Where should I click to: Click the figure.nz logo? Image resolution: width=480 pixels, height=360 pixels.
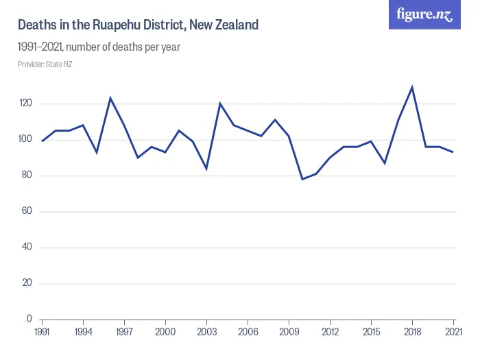click(424, 14)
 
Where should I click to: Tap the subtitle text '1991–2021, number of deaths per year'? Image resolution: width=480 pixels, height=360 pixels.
click(99, 47)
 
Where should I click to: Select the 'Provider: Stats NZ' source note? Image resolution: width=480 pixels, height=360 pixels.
click(45, 64)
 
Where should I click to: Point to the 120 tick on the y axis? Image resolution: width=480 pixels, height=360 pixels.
click(25, 104)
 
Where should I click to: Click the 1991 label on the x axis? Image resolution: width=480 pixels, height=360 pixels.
click(42, 332)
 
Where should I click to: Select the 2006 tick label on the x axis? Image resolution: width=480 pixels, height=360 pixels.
click(248, 332)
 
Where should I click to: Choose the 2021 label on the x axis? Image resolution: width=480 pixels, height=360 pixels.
click(453, 332)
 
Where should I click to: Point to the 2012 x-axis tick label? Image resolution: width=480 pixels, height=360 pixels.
click(330, 332)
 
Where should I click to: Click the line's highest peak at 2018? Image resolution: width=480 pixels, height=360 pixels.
click(412, 87)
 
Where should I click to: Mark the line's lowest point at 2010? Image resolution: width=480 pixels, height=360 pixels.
click(302, 179)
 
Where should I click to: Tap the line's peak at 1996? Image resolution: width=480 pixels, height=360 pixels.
click(110, 98)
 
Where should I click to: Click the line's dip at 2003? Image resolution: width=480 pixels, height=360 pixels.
click(206, 168)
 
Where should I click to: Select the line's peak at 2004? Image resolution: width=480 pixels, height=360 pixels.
click(220, 104)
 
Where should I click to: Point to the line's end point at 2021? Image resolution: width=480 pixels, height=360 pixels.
click(453, 152)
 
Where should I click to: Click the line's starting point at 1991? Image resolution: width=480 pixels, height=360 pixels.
click(42, 141)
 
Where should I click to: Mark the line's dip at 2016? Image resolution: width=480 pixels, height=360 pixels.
click(385, 163)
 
